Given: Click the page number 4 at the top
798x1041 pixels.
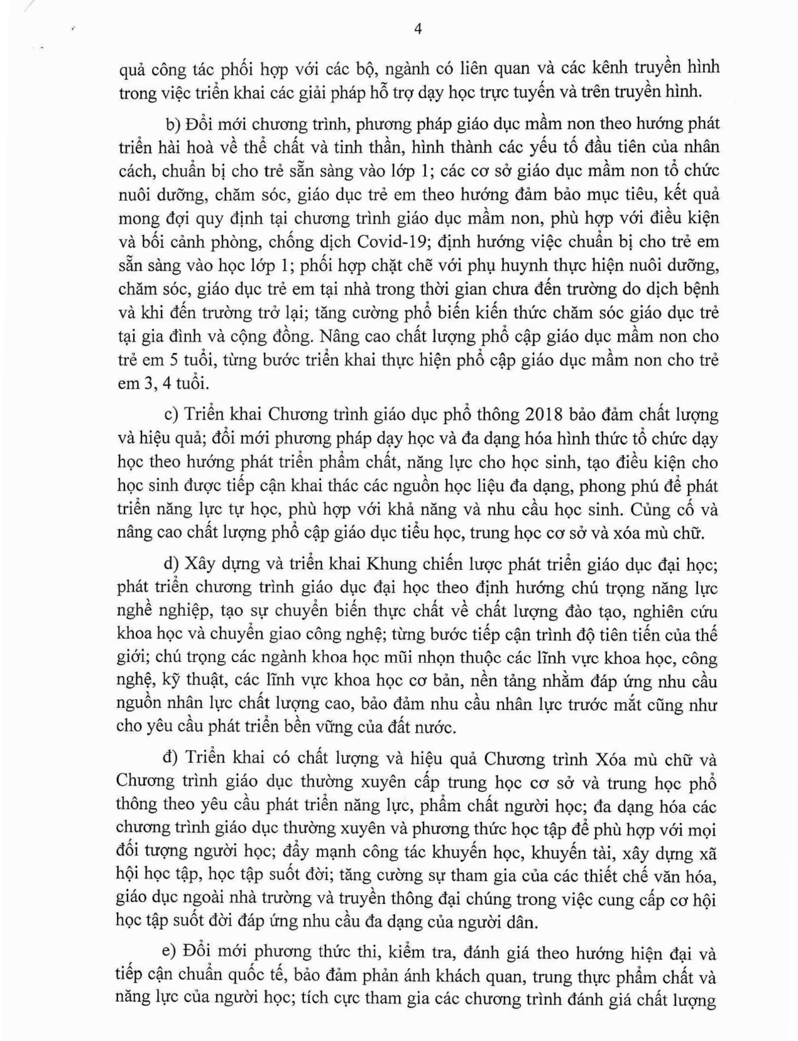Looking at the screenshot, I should click(x=418, y=29).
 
